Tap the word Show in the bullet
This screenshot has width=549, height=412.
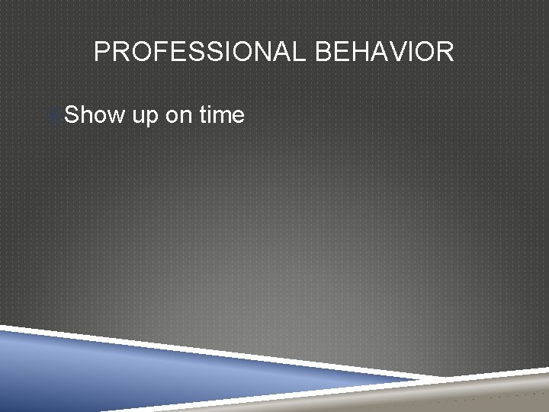(x=94, y=115)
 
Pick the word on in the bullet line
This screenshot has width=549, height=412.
(x=179, y=115)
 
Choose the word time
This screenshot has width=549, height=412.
(x=222, y=115)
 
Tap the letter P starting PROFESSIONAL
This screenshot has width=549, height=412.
(x=101, y=52)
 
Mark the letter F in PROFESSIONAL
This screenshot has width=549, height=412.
(x=151, y=52)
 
